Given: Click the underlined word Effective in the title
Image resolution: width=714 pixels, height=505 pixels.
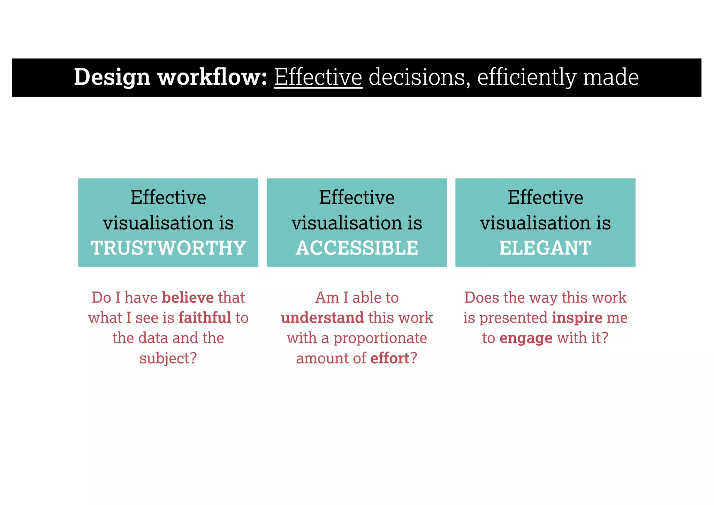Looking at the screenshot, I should tap(318, 77).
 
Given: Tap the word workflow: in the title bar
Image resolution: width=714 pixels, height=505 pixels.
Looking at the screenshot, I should tap(212, 77).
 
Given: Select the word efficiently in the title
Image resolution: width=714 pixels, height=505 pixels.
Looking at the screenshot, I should tap(526, 77).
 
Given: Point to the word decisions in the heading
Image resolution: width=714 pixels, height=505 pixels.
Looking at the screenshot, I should tap(417, 77).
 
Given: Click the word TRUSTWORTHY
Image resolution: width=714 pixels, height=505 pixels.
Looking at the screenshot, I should tap(168, 248).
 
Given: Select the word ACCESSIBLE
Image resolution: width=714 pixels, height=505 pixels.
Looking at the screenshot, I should tap(357, 248).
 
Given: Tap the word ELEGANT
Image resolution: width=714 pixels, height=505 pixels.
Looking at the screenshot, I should tap(545, 248).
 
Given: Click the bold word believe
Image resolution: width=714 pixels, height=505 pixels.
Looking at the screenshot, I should tap(188, 297).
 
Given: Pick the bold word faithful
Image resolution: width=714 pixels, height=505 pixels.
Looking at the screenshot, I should tap(205, 318).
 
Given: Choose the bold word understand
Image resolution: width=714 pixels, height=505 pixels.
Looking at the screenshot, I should tap(322, 318).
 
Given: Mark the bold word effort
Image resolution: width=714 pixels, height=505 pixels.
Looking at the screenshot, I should tap(390, 358).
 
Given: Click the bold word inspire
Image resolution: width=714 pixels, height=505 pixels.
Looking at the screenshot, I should tap(577, 318).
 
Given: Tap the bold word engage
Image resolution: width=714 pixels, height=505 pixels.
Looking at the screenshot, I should tap(526, 338).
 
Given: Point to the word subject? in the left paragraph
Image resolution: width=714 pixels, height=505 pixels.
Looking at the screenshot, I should tap(168, 358).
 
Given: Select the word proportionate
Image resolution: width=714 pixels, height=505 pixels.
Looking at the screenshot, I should tap(380, 338).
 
